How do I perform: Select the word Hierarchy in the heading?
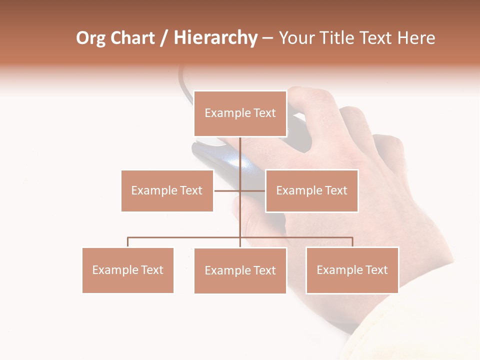pos(215,38)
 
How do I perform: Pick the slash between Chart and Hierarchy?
pos(163,38)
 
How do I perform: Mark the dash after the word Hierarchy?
pos(267,38)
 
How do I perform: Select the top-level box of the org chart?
pos(240,113)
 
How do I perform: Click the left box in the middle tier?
pos(167,190)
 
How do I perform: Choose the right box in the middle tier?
pos(311,190)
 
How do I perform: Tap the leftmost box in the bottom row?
pos(127,270)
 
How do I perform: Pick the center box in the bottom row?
pos(240,270)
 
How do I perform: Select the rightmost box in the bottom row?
pos(352,270)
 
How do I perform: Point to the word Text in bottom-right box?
pos(377,270)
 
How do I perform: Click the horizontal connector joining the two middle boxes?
pos(227,190)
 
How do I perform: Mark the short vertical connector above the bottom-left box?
pos(127,242)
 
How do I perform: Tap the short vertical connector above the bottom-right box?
pos(352,242)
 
